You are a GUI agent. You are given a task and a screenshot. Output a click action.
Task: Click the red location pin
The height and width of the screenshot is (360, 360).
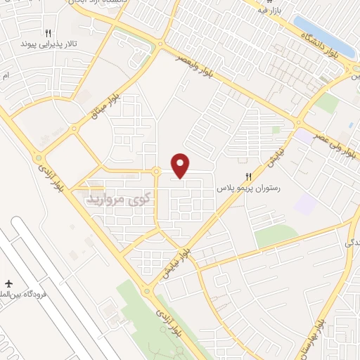[181, 165]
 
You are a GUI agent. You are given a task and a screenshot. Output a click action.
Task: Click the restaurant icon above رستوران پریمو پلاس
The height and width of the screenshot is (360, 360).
[247, 177]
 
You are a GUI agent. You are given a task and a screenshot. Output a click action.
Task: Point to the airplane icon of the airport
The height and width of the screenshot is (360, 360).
[10, 281]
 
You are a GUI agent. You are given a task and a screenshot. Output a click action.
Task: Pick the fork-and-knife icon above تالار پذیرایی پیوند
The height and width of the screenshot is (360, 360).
[48, 32]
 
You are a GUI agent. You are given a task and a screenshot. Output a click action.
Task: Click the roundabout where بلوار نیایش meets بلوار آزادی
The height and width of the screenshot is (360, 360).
[148, 290]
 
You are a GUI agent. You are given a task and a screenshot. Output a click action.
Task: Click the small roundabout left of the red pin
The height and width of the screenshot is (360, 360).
[155, 171]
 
